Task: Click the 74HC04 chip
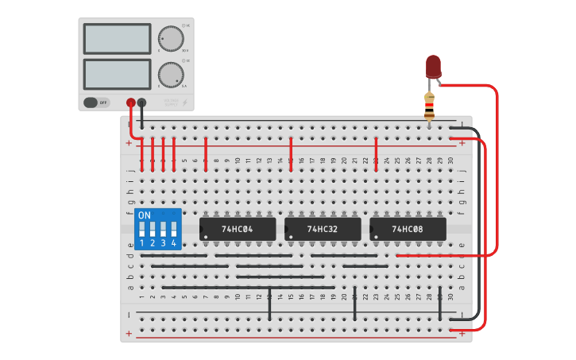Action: tap(238, 229)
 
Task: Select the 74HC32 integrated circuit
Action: tap(323, 229)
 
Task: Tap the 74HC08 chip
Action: tap(408, 229)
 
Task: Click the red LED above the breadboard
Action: tap(433, 66)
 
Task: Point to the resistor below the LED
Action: tap(430, 106)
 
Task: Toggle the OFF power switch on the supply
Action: tap(96, 103)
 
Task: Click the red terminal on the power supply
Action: tap(131, 103)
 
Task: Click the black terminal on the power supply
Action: tap(142, 103)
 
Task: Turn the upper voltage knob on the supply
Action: tap(170, 38)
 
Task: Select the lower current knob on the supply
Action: tap(170, 75)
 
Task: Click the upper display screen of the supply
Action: tap(117, 38)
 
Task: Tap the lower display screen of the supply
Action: tap(117, 74)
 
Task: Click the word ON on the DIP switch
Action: tap(144, 215)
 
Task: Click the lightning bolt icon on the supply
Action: tap(185, 103)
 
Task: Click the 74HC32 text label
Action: tap(323, 229)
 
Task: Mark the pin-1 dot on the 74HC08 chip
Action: tap(374, 236)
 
